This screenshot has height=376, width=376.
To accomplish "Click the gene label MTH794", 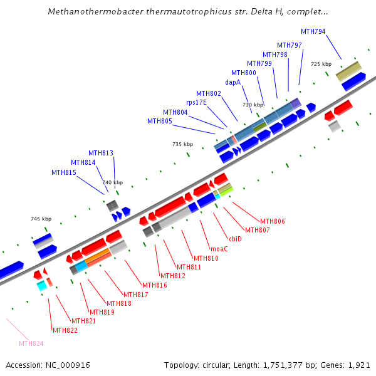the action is [313, 31].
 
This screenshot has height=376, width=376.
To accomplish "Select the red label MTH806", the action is [273, 221].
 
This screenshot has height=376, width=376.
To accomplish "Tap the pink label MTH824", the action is [31, 343].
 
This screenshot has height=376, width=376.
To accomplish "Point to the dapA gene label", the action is [233, 81].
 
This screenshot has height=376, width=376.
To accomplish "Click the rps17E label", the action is [196, 102].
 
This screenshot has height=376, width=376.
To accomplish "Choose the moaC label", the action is [219, 249].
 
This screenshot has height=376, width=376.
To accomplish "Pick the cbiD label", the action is [235, 239].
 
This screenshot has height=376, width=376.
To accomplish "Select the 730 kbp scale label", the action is [253, 105].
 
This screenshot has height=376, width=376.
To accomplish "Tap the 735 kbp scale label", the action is [182, 144].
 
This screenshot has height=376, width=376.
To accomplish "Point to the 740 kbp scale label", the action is [113, 182].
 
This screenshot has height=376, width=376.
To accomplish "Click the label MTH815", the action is [64, 172].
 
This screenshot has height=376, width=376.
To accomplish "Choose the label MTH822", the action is [65, 330].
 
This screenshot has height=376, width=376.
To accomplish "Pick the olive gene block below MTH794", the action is [348, 71].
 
